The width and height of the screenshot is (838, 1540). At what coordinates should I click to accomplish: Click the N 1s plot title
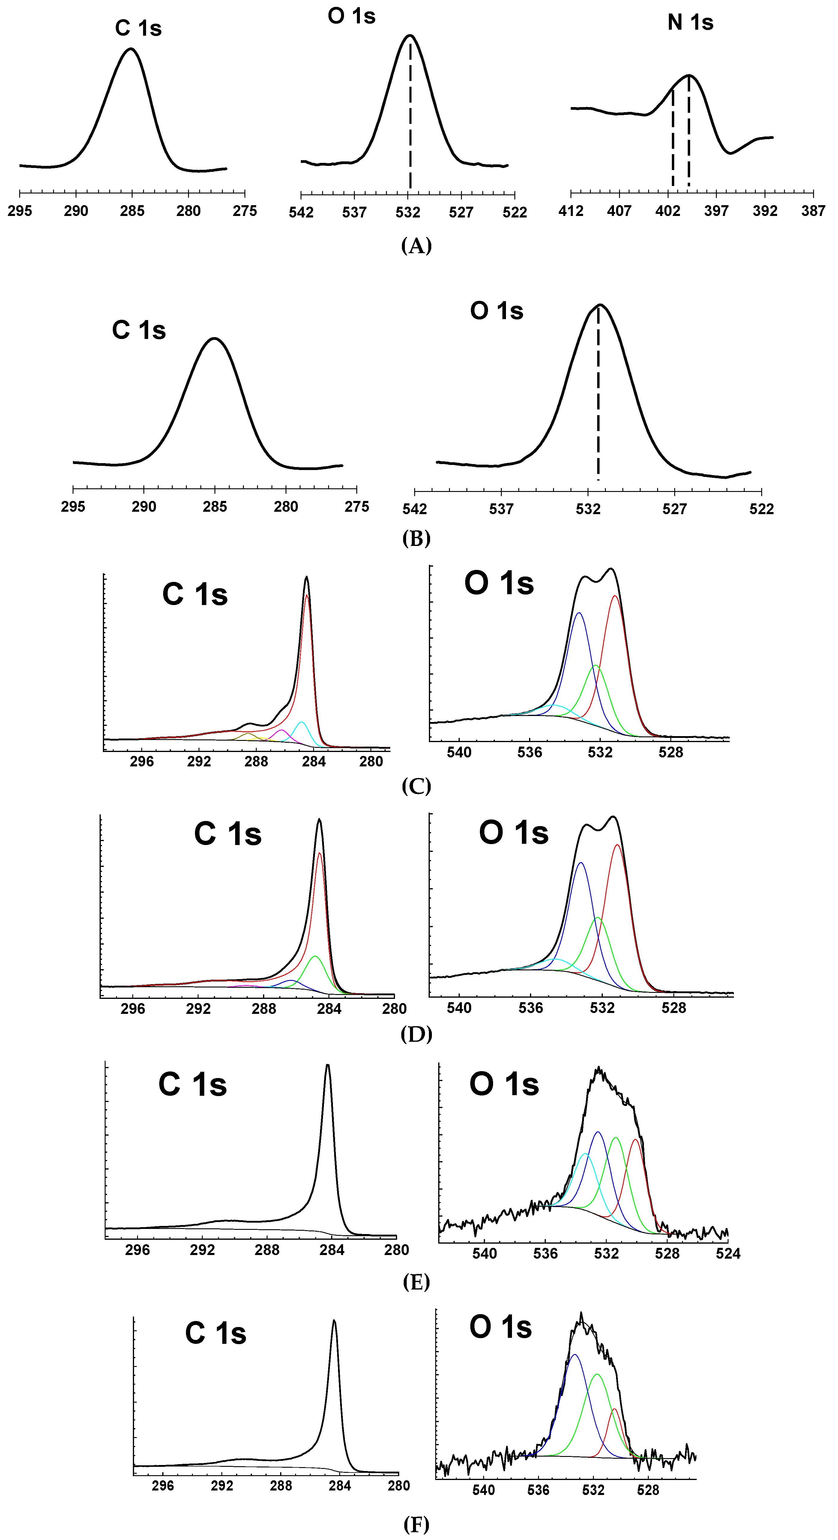pyautogui.click(x=690, y=23)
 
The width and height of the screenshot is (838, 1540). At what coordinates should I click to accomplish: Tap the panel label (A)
pyautogui.click(x=416, y=245)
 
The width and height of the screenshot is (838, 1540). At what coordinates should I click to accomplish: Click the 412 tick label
pyautogui.click(x=571, y=211)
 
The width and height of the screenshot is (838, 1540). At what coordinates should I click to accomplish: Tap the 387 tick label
pyautogui.click(x=813, y=211)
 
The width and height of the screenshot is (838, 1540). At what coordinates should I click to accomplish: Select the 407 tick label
pyautogui.click(x=619, y=211)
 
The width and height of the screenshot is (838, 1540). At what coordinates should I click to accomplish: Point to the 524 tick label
pyautogui.click(x=728, y=1254)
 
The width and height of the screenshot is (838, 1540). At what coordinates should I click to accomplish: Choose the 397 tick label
pyautogui.click(x=716, y=211)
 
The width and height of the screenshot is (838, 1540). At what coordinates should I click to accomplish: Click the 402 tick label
pyautogui.click(x=668, y=211)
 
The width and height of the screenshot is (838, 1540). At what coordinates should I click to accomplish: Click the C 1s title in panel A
pyautogui.click(x=138, y=28)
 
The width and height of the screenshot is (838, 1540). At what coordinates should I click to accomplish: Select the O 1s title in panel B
pyautogui.click(x=497, y=311)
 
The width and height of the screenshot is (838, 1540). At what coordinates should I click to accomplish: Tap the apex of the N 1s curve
pyautogui.click(x=689, y=75)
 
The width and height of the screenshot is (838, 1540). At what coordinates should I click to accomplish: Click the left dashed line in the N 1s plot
pyautogui.click(x=673, y=137)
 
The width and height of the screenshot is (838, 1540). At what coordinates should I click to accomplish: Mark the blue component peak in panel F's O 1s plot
pyautogui.click(x=574, y=1355)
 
